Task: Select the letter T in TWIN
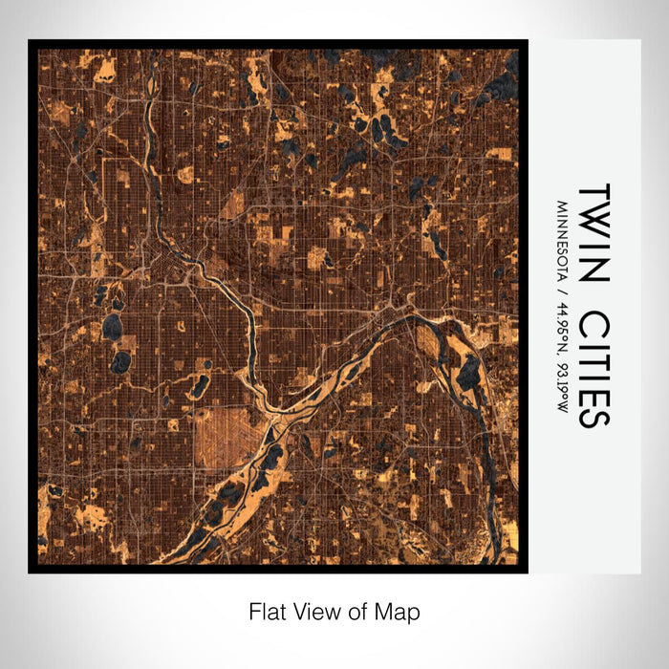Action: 593,195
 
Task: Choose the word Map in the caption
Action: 401,610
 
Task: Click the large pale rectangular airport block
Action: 226,435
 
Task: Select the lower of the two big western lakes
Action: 120,362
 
